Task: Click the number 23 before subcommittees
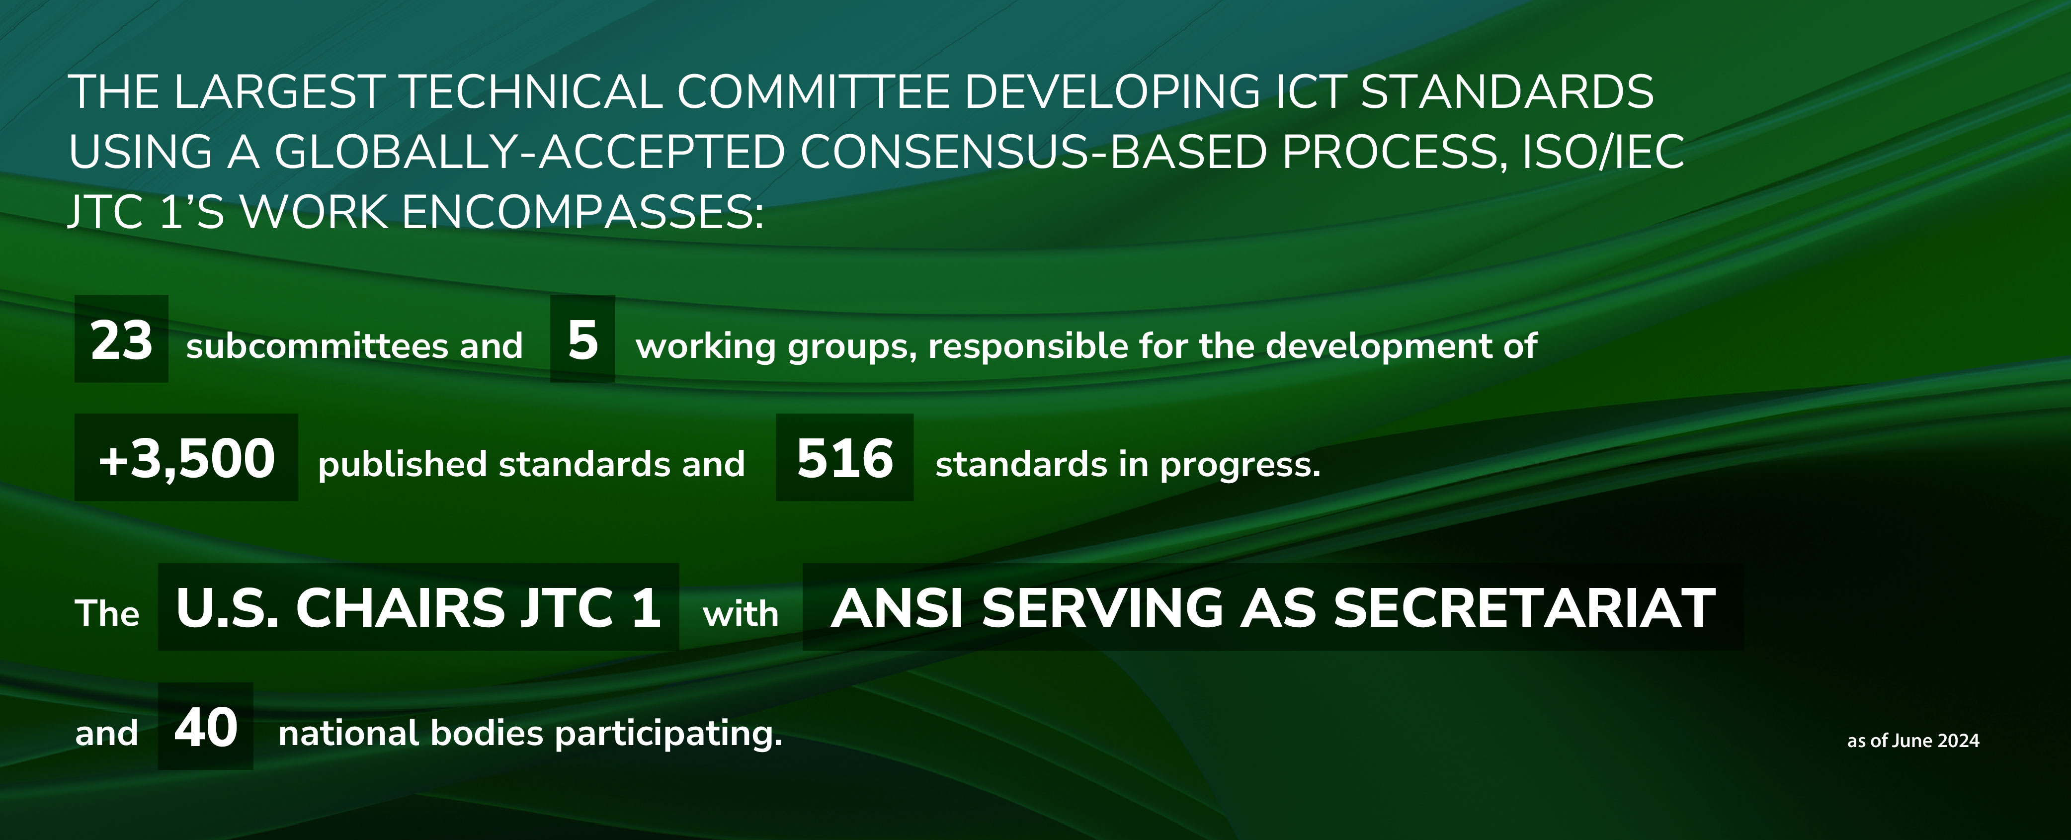tap(121, 340)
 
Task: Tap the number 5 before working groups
tap(583, 340)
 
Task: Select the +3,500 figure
tap(186, 459)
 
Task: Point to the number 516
tap(845, 459)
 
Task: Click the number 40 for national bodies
tap(206, 728)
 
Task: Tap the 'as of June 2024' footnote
tap(1912, 740)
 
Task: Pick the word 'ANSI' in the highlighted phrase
tap(897, 608)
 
